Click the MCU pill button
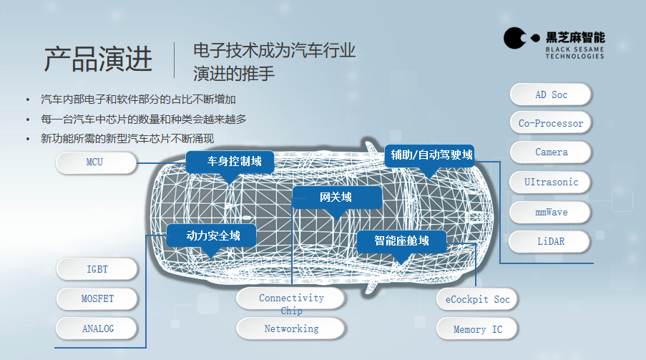coord(96,162)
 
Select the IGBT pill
coord(97,269)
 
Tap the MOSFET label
coord(97,298)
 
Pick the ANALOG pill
coord(97,329)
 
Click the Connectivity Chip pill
coord(291,298)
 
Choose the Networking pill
coord(291,329)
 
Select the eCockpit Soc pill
coord(477,299)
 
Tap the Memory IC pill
coord(477,329)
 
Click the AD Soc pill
coord(551,94)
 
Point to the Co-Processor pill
coord(551,123)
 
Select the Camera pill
coord(551,152)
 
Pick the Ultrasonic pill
coord(550,183)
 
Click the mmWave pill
coord(550,213)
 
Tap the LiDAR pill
coord(550,242)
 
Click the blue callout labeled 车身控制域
coord(230,162)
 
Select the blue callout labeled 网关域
coord(337,198)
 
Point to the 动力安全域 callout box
coord(212,236)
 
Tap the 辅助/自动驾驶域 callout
coord(430,156)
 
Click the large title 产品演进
coord(98,59)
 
